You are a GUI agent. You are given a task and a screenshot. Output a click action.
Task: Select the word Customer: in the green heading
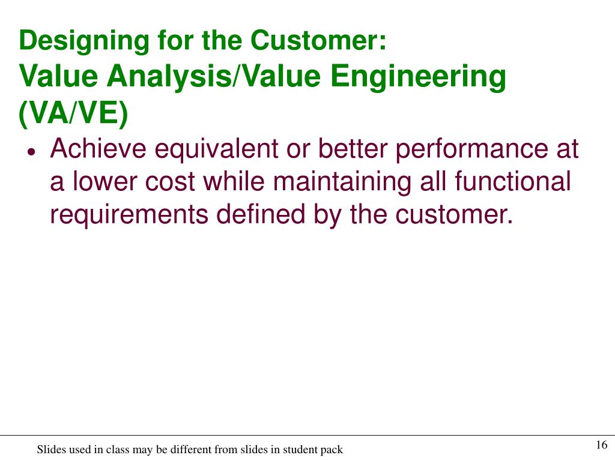coord(319,40)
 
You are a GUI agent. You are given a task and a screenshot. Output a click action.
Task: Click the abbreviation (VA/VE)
coord(73,115)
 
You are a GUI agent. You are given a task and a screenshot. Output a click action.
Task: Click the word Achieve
coord(98,149)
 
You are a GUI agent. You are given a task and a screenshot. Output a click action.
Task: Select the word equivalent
coord(216,149)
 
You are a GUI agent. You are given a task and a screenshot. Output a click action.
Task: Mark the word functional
coord(512,182)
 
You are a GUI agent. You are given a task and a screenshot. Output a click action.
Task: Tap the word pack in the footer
coord(332,450)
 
